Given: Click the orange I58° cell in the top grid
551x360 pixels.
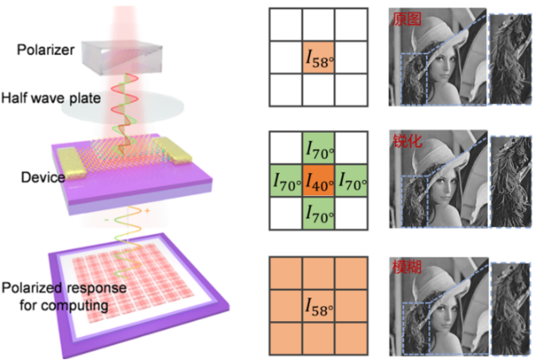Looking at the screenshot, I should tap(318, 58).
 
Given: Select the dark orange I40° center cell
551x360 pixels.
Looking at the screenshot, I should tap(318, 180).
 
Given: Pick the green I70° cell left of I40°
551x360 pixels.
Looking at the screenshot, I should tap(285, 180).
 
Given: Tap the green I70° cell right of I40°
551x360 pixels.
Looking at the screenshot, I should tap(351, 180).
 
